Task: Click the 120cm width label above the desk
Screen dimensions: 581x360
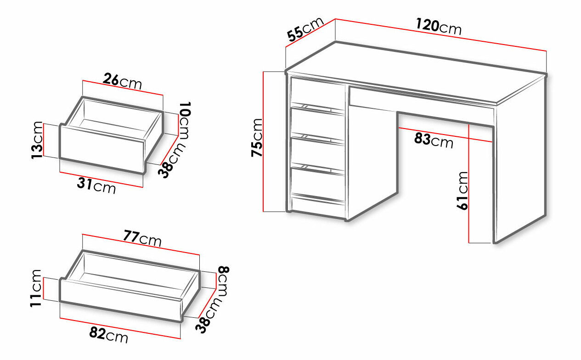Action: point(439,27)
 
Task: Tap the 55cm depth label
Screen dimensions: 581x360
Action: point(305,29)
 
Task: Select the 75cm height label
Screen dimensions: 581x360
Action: point(257,137)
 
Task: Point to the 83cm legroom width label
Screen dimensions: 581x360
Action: point(434,141)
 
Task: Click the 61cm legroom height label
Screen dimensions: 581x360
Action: point(462,191)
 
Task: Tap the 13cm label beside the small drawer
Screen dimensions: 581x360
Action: point(37,140)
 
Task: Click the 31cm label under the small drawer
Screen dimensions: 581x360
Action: point(96,186)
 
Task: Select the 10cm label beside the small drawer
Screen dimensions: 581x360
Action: point(185,121)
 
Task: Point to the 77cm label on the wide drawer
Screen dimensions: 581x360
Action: point(142,238)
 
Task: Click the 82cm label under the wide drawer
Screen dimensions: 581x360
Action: point(109,335)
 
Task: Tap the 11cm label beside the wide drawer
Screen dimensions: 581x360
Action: point(36,288)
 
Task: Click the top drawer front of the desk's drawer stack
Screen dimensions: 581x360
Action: point(317,92)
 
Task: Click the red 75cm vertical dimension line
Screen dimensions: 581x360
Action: point(263,141)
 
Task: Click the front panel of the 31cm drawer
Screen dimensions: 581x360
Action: point(102,149)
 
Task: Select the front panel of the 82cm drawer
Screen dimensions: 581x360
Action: point(120,300)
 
